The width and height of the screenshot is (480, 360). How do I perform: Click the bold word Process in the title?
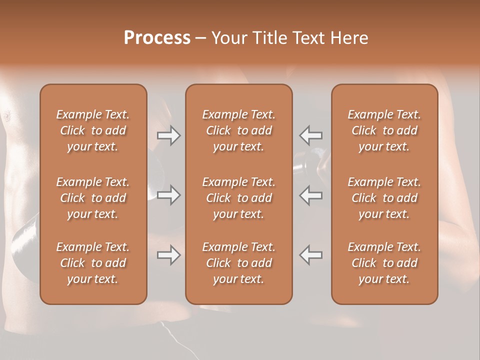157,38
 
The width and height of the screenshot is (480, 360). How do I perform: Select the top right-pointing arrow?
169,135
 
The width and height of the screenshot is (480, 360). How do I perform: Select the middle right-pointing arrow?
169,195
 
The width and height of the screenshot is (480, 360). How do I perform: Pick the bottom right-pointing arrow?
169,255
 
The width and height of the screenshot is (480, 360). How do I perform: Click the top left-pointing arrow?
311,135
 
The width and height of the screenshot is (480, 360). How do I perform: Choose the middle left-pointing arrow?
311,195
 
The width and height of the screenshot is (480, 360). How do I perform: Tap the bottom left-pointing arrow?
311,255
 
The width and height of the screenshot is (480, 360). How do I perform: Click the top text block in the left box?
93,130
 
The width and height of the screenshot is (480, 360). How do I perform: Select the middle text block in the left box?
93,198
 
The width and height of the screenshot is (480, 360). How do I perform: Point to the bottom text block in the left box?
93,263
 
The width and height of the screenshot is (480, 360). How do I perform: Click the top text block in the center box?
239,130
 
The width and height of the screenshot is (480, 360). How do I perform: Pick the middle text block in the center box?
239,198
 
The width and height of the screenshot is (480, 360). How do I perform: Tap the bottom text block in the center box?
239,263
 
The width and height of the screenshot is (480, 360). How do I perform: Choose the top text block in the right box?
384,130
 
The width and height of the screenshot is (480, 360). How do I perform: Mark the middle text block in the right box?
384,198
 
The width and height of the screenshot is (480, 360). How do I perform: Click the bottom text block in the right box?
384,263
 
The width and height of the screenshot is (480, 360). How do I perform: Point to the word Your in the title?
229,38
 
